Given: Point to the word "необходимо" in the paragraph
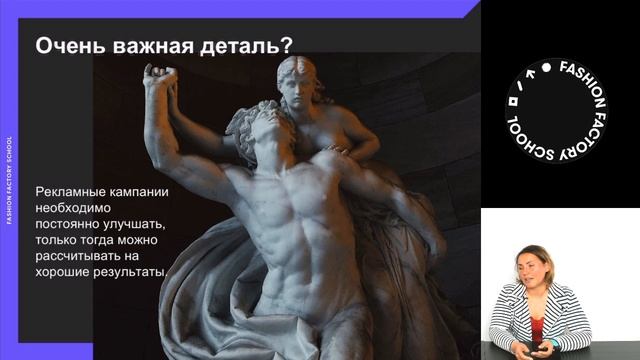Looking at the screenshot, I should [x=75, y=208].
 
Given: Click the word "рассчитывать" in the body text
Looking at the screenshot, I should [x=80, y=256].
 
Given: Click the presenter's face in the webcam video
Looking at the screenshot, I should [x=529, y=269].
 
